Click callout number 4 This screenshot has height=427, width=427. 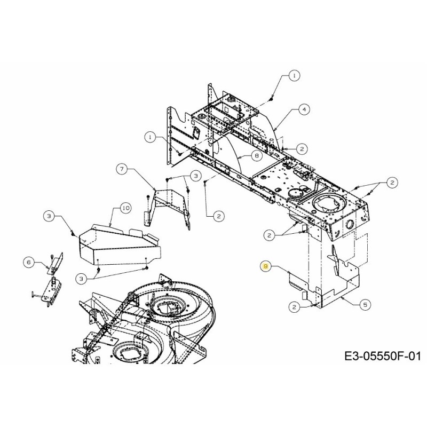303,109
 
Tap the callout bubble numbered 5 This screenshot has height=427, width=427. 365,305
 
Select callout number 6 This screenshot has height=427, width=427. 29,261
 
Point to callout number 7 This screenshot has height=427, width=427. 122,169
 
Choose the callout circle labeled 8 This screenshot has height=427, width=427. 256,156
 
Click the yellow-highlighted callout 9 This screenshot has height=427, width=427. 264,266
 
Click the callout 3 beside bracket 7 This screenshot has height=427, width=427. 195,175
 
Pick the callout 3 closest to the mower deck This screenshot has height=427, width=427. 81,278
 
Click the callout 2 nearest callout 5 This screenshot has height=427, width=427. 295,306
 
